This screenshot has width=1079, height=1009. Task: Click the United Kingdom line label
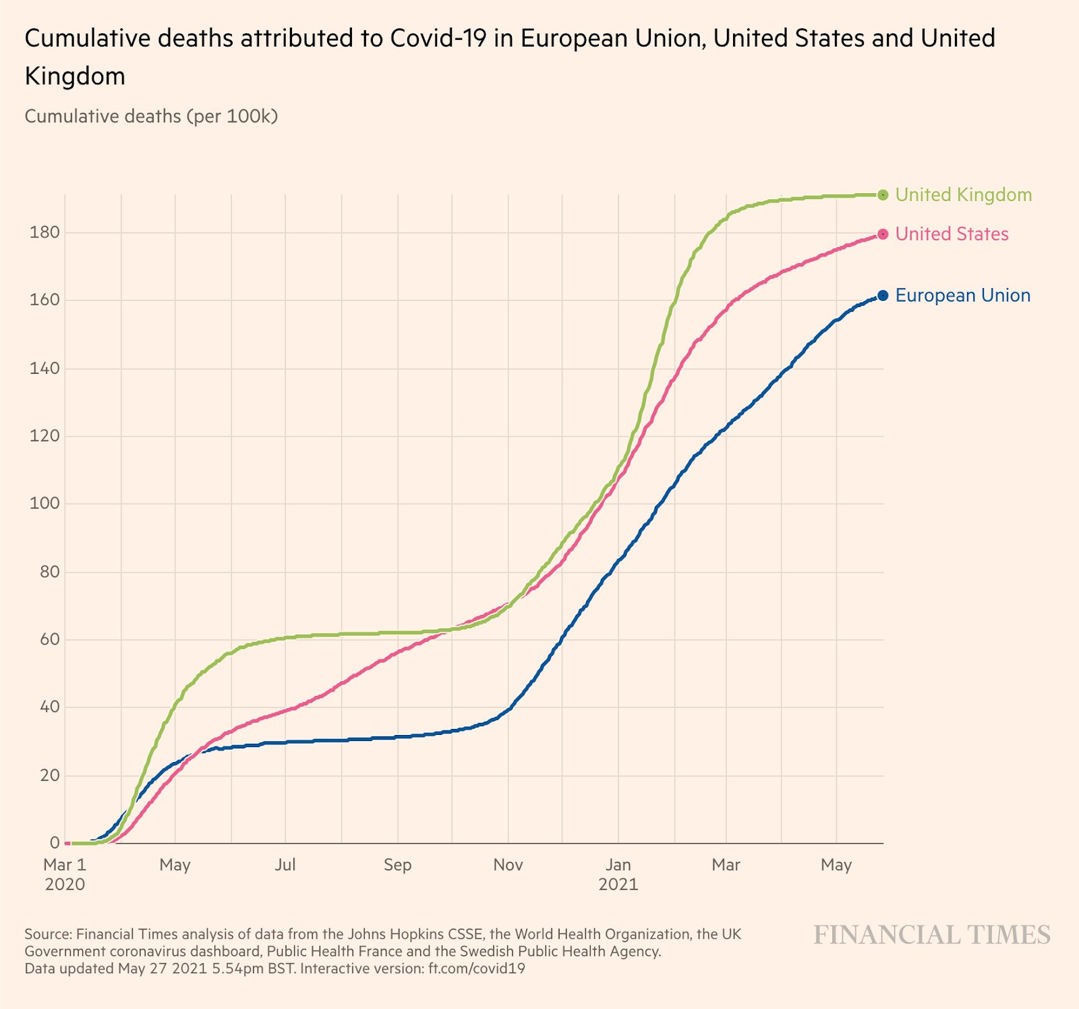pos(963,195)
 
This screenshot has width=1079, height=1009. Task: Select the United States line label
pos(952,234)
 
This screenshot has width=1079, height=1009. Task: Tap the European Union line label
pos(962,296)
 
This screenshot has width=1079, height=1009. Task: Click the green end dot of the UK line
pos(883,195)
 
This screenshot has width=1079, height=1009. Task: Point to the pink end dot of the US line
pos(883,234)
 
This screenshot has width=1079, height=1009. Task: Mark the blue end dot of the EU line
pos(883,296)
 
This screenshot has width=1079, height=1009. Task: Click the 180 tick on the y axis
pos(45,233)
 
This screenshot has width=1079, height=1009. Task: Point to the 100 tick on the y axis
pos(45,504)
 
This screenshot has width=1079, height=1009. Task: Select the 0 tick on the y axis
pos(54,843)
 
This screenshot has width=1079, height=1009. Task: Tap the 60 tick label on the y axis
pos(49,640)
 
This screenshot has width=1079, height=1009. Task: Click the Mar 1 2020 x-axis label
pos(65,874)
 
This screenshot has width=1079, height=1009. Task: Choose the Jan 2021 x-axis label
pos(618,874)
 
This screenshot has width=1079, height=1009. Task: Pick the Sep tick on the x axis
pos(397,865)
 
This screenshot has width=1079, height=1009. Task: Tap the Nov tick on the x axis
pos(508,865)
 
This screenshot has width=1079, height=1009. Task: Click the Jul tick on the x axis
pos(285,865)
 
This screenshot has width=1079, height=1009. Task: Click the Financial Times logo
pos(931,935)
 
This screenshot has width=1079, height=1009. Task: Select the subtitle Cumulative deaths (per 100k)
pos(151,116)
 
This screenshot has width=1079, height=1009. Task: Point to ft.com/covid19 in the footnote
pos(476,969)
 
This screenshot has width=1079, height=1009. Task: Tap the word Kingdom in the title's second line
pos(75,76)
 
